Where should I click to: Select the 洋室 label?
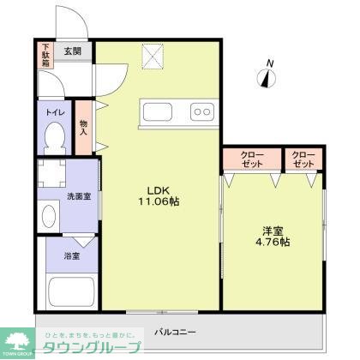coord(273,229)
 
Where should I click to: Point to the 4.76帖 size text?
coord(273,243)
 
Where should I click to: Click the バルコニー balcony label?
coord(175,331)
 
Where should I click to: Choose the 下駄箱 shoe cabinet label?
coord(45,54)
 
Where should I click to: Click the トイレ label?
coord(55,111)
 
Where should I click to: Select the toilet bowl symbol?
coord(55,137)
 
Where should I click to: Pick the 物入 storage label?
coord(84,128)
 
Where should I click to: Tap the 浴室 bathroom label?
coord(71,255)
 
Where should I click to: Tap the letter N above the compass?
coord(270,63)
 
